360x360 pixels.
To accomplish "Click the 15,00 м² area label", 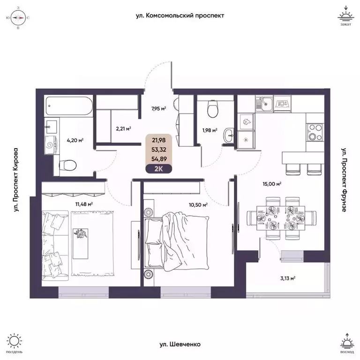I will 272,184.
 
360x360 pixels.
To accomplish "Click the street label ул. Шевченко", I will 180,345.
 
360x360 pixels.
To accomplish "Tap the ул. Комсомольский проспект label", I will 180,15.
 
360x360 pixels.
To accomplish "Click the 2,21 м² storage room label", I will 123,127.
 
